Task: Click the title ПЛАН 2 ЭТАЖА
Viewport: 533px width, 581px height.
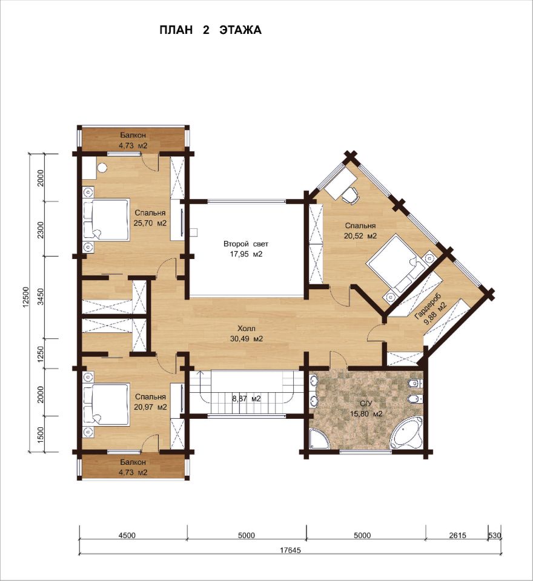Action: (x=210, y=30)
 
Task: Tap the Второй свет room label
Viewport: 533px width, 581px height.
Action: (x=245, y=244)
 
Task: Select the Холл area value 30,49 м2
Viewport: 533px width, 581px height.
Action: (x=247, y=338)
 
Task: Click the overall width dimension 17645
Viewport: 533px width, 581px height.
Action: (x=290, y=550)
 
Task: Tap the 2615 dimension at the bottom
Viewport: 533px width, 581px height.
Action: (x=457, y=535)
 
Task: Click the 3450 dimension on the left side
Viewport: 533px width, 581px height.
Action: (x=41, y=297)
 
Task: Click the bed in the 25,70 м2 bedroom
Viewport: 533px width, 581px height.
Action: (x=106, y=219)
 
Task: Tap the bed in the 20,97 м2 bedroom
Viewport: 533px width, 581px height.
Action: (x=106, y=404)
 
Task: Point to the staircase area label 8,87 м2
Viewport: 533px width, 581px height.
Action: (x=247, y=399)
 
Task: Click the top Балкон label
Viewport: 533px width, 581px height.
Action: (x=133, y=136)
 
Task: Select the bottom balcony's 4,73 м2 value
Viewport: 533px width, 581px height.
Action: (x=133, y=473)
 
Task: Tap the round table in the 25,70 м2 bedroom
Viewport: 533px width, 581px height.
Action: (x=102, y=168)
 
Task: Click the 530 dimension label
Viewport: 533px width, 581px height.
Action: (x=495, y=535)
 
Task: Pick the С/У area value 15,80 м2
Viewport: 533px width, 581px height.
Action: (x=366, y=414)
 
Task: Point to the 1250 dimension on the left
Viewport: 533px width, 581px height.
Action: (x=41, y=353)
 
